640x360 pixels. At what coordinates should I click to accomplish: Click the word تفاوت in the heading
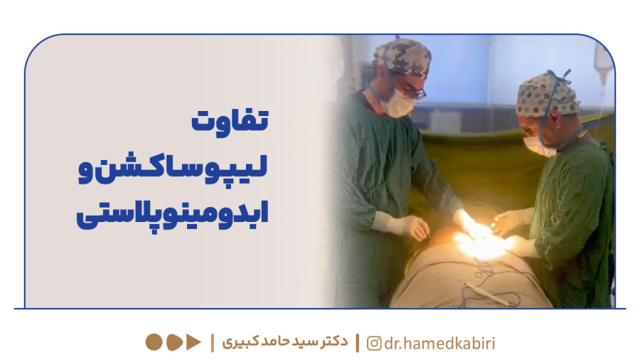(230, 121)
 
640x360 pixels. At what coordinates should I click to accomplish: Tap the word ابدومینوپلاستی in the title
(172, 214)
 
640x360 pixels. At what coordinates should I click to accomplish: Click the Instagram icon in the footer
(374, 343)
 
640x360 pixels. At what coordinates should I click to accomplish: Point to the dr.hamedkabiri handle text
(439, 343)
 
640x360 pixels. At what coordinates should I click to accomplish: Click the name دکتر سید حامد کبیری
(285, 342)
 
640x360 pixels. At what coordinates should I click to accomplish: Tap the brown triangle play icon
(193, 342)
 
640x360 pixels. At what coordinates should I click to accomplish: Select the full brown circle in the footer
(154, 342)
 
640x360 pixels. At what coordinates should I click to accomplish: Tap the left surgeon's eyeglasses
(410, 90)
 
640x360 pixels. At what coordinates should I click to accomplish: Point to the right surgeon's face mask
(539, 146)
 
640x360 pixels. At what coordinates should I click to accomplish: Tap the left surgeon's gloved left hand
(408, 227)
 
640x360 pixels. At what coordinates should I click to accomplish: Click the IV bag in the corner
(603, 61)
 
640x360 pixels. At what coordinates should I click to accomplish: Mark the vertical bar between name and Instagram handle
(358, 343)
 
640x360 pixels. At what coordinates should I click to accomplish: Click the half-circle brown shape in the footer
(174, 342)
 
